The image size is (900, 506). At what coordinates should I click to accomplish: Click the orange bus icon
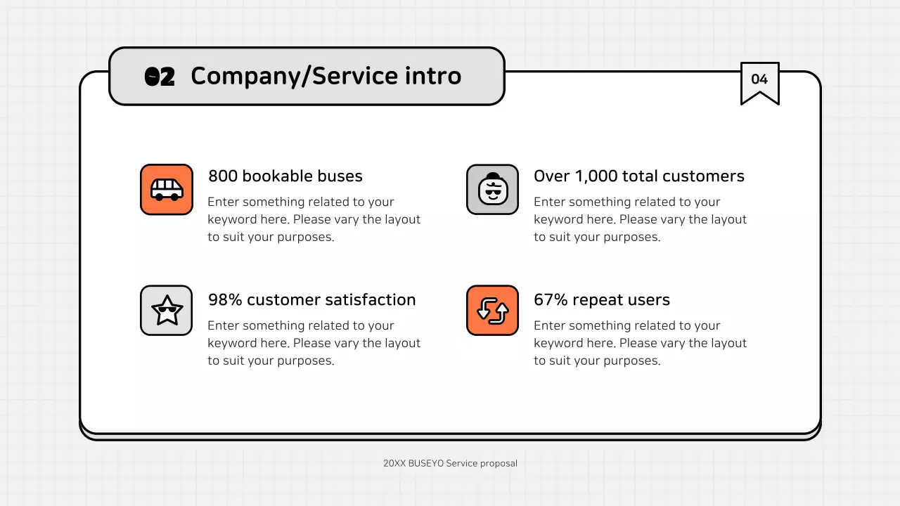167,189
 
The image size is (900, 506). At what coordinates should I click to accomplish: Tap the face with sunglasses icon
492,189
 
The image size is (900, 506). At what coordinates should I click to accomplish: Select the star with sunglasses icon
167,311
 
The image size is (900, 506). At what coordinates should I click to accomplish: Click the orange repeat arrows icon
492,311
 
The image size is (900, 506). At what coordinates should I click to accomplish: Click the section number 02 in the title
160,77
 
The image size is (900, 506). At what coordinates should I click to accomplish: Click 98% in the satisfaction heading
225,299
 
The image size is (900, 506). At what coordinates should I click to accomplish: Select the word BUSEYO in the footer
426,463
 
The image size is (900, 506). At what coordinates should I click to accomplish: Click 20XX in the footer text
394,463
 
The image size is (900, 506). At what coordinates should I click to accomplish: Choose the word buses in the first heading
340,176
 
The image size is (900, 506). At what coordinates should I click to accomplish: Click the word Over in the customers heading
552,176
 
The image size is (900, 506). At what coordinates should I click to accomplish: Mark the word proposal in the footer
499,464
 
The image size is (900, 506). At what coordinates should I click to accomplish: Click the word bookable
278,176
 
